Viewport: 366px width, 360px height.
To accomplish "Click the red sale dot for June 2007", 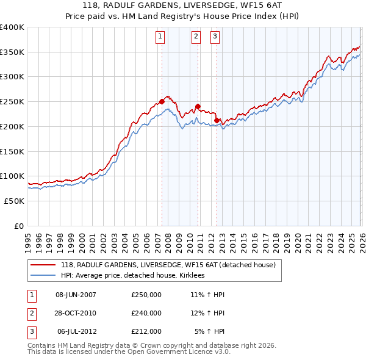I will point(162,101).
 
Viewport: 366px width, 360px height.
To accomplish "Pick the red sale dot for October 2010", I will point(198,106).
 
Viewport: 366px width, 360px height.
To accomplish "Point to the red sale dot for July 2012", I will point(217,120).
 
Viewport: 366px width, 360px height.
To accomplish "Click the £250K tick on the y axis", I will point(12,101).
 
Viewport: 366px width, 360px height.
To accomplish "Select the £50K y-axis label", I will point(14,201).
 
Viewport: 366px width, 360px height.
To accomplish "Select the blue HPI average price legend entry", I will point(135,276).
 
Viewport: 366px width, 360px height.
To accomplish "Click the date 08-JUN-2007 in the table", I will point(76,295).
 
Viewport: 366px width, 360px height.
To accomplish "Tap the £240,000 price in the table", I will point(146,313).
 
